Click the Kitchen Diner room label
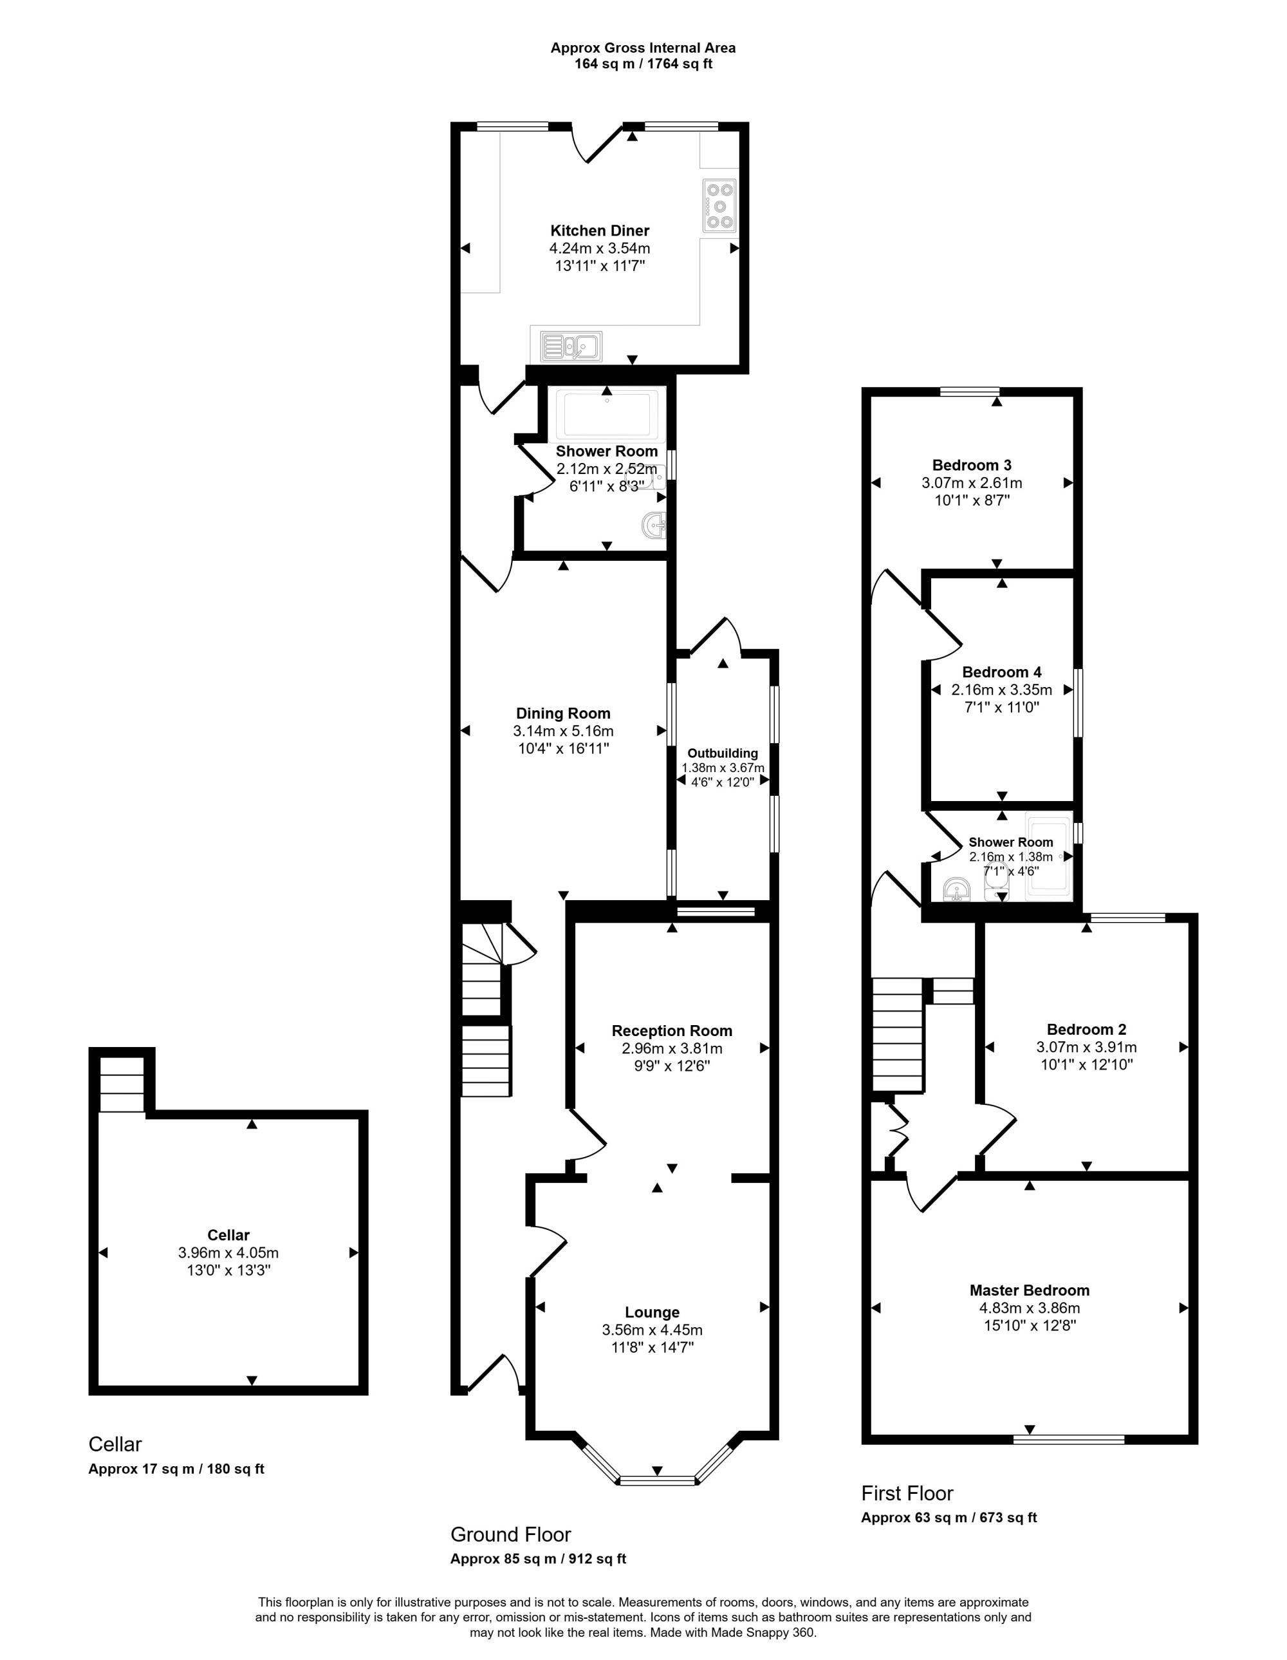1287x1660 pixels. [600, 231]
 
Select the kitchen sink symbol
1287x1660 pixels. [571, 346]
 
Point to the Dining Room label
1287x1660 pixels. [563, 713]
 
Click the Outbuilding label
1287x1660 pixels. [723, 753]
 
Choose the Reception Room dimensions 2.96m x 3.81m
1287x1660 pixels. [672, 1048]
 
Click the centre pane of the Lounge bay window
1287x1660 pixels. [657, 1480]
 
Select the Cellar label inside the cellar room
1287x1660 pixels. [228, 1235]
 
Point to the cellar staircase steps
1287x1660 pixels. [122, 1084]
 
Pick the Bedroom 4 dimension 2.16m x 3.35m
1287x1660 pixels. [1001, 690]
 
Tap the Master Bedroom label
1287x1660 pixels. [1030, 1290]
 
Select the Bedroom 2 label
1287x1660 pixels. [1086, 1029]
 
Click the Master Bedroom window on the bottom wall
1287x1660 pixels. [1069, 1439]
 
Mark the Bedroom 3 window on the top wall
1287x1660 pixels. [969, 392]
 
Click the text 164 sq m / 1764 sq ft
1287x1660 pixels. [643, 64]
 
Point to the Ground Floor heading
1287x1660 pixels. [510, 1534]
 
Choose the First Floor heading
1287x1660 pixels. [907, 1493]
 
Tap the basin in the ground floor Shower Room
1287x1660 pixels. [655, 523]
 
